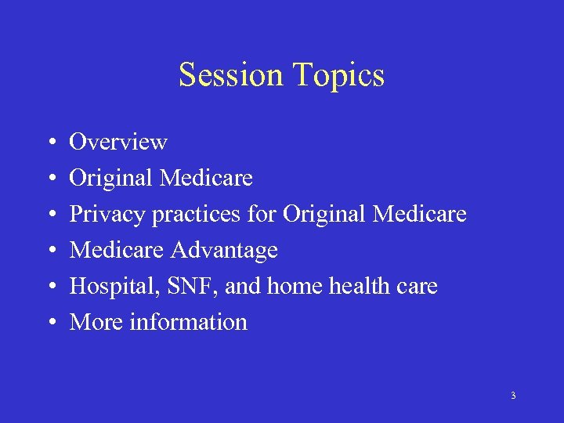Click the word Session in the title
pyautogui.click(x=231, y=75)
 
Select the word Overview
pyautogui.click(x=118, y=142)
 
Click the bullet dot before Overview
pyautogui.click(x=49, y=143)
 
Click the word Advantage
pyautogui.click(x=225, y=251)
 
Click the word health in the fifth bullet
pyautogui.click(x=363, y=287)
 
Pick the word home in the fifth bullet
pyautogui.click(x=295, y=287)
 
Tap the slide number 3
pyautogui.click(x=513, y=396)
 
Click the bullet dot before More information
pyautogui.click(x=49, y=323)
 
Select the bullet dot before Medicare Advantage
pyautogui.click(x=49, y=251)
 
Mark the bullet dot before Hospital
pyautogui.click(x=49, y=287)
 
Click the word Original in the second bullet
pyautogui.click(x=111, y=179)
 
